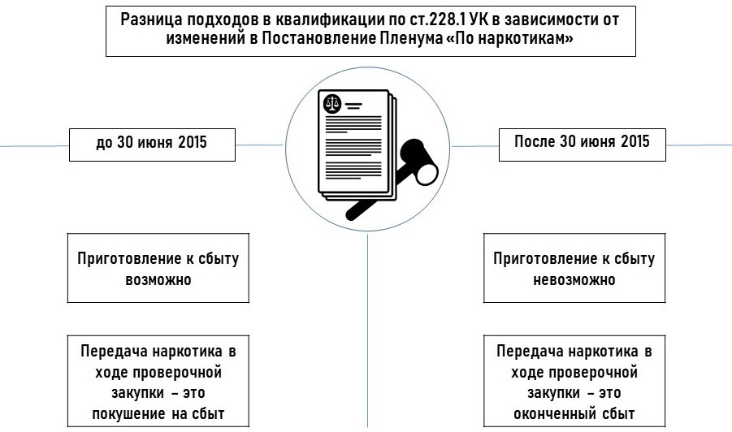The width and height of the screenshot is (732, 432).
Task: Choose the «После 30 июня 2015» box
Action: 582,141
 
